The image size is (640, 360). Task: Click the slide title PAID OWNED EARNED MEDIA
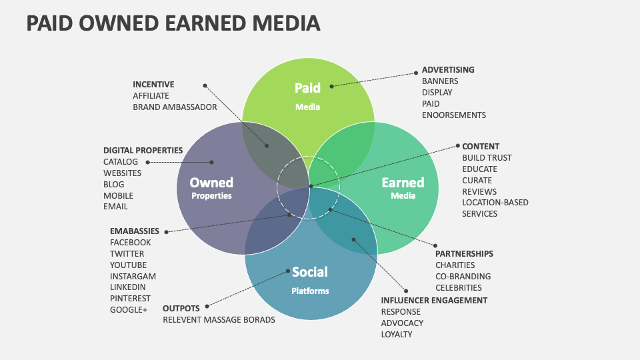pos(173,23)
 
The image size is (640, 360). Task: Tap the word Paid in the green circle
pos(307,87)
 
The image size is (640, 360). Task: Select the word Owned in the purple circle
pos(211,182)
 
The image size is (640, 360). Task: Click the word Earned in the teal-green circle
pos(403,182)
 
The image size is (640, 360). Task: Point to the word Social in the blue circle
pos(310,271)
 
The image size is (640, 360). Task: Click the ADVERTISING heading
pos(448,69)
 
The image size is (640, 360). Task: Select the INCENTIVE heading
pos(153,84)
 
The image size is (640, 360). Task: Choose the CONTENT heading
pos(481,146)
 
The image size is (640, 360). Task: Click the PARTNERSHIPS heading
pos(464,253)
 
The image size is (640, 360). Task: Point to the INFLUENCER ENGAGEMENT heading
pos(434,300)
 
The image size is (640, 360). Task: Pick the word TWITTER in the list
pos(127,253)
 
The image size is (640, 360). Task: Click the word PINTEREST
pos(131,298)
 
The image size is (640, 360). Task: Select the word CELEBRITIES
pos(458,287)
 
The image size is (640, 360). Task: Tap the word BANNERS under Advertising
pos(440,81)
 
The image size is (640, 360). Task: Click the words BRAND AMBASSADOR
pos(175,107)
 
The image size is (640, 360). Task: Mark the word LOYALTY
pos(397,334)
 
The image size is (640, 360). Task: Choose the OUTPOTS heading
pos(181,308)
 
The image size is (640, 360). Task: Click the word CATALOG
pos(121,161)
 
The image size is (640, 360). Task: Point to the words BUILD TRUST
pos(487,157)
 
